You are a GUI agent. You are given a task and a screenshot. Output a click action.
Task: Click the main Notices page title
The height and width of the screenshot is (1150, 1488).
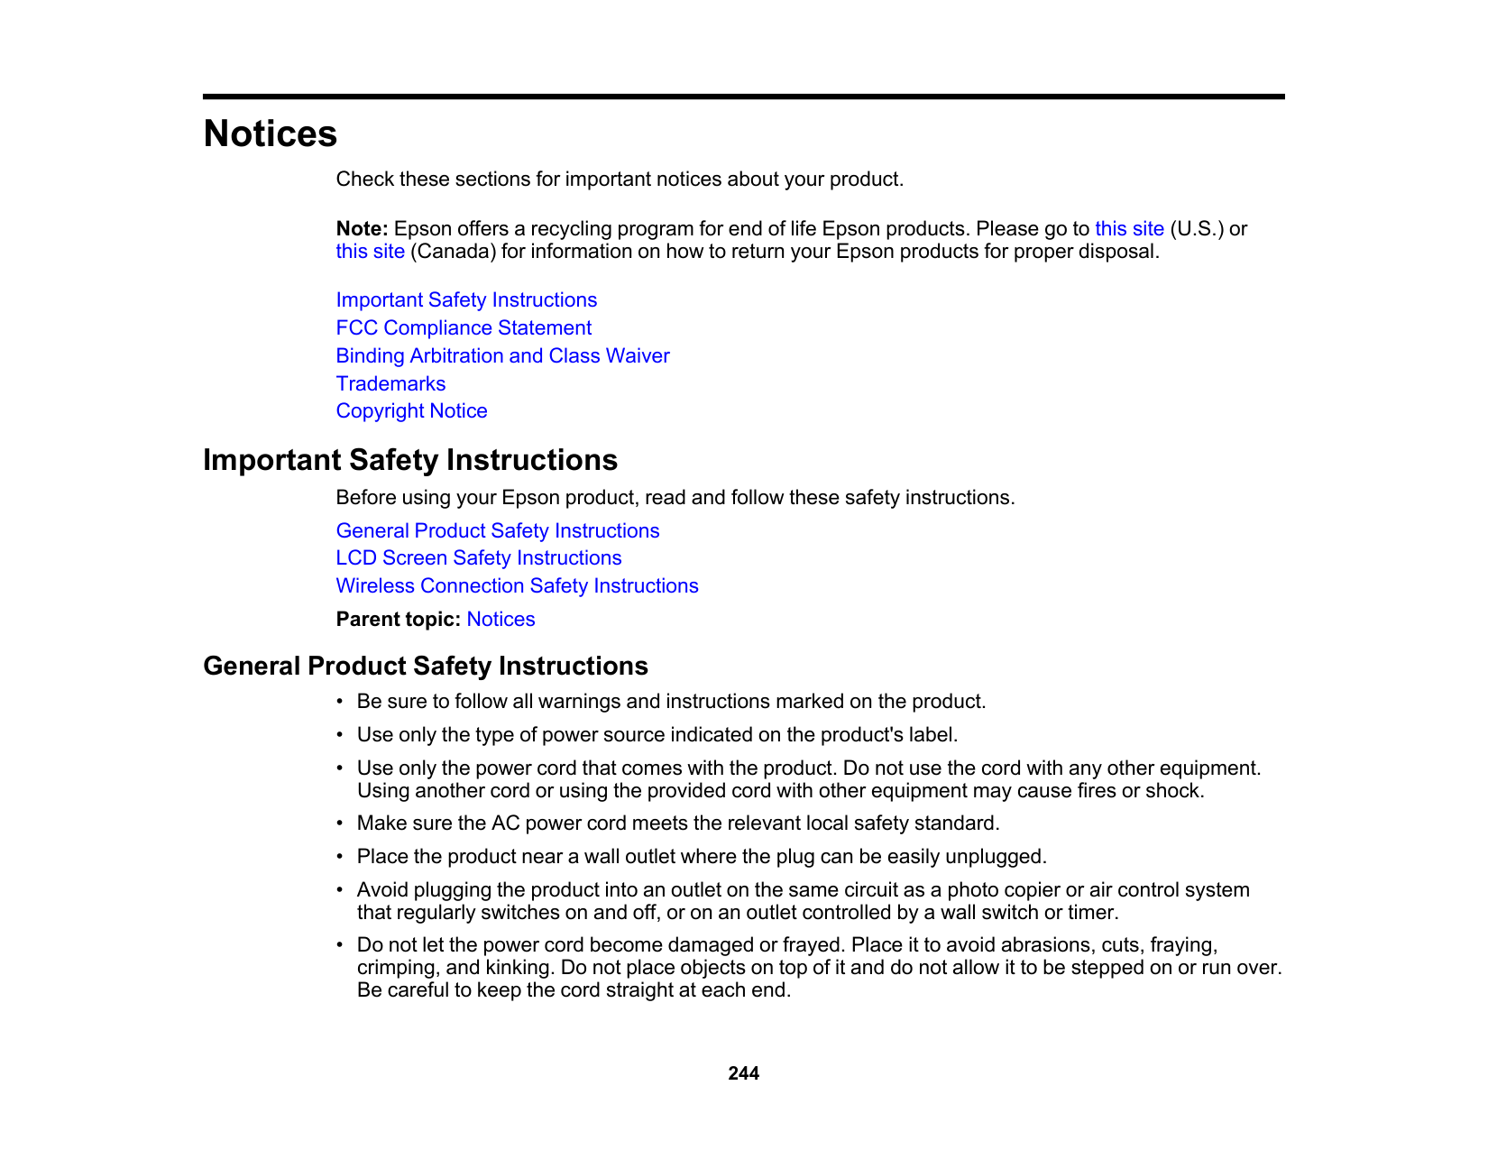click(270, 133)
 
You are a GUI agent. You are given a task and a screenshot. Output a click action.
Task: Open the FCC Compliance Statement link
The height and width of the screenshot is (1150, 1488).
click(464, 328)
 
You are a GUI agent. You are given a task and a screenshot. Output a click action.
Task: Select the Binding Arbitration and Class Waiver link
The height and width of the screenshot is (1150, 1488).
click(502, 356)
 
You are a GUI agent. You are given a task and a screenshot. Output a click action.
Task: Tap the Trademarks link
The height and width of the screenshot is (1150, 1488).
click(390, 384)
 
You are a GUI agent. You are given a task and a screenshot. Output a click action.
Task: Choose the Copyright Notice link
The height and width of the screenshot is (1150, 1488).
click(411, 411)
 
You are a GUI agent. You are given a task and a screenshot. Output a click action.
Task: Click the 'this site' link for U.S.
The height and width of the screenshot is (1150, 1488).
click(1129, 229)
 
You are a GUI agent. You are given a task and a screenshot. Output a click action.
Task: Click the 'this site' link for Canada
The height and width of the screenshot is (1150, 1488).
click(370, 252)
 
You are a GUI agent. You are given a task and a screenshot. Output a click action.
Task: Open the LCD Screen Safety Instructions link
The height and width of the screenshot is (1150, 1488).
click(478, 558)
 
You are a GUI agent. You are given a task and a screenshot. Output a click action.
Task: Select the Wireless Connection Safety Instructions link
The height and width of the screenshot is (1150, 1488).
click(517, 586)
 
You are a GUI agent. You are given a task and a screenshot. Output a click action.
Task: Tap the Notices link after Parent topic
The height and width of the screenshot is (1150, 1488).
click(501, 620)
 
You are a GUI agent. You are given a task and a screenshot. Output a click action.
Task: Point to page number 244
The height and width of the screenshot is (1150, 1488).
click(743, 1073)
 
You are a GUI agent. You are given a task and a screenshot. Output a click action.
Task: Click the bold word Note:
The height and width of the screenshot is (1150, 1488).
click(362, 229)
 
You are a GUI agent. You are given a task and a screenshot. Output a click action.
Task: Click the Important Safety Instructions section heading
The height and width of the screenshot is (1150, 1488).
click(410, 460)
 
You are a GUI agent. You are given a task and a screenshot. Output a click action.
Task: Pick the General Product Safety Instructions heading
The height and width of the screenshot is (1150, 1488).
click(426, 666)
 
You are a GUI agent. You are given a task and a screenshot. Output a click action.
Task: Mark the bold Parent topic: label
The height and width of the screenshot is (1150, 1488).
click(399, 620)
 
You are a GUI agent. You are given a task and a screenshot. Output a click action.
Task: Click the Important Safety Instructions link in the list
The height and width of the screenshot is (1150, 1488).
click(466, 300)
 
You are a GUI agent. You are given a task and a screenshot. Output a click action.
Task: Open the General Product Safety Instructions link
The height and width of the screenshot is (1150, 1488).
click(497, 531)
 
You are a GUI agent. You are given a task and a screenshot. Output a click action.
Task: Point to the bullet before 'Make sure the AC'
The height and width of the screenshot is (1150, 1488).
click(340, 823)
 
